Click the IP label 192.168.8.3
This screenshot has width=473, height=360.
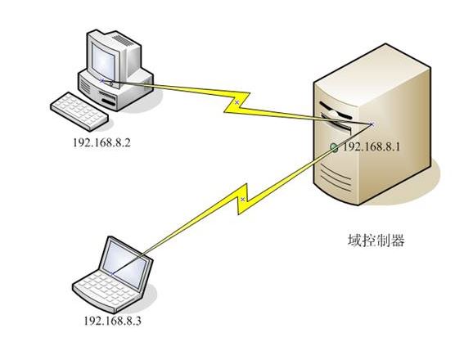[112, 320]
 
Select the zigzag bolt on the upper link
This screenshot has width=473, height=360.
[237, 101]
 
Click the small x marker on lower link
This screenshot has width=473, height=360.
[243, 199]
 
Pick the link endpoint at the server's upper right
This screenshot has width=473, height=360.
[371, 124]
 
